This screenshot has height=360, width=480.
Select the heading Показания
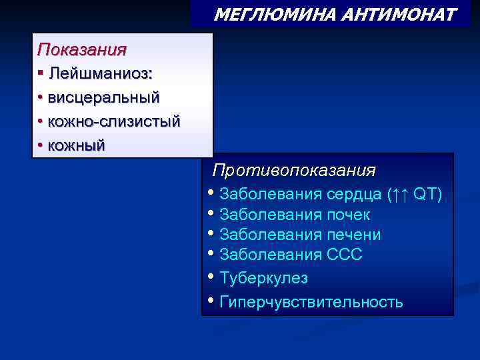(81, 49)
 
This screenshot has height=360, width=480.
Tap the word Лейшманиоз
(100, 73)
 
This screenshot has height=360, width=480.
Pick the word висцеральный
(103, 97)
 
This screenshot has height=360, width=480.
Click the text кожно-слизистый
(113, 121)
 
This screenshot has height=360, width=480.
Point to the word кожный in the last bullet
(76, 145)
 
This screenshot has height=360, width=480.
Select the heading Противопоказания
(294, 170)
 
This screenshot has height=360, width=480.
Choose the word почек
(348, 215)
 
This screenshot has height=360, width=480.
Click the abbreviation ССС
(345, 255)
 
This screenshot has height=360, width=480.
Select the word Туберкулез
(263, 277)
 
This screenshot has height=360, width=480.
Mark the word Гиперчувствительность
(311, 301)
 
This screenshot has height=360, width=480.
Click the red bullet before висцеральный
(41, 97)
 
